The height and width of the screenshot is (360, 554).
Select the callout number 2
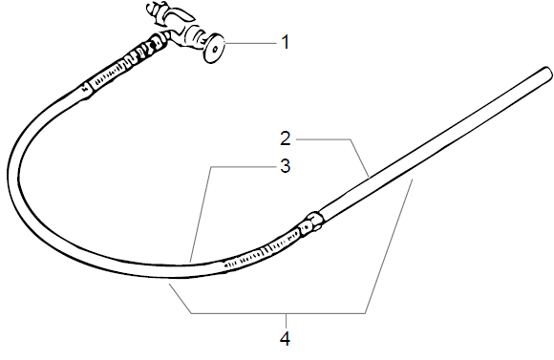point(285,138)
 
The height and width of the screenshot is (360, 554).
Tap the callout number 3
point(285,165)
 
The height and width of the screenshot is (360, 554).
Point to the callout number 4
point(285,336)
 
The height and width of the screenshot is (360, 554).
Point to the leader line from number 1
point(247,42)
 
